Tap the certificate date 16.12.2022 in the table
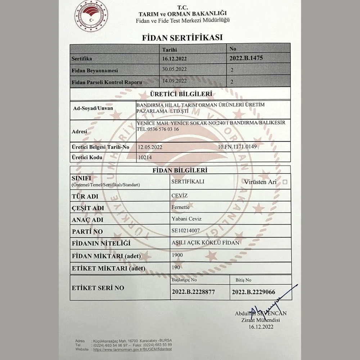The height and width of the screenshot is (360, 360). point(175,58)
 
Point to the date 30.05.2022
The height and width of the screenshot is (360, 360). point(175,69)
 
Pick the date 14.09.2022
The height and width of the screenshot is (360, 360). point(175,81)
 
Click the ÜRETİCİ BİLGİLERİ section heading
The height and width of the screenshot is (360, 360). point(180,94)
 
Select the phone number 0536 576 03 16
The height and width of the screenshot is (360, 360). point(163,129)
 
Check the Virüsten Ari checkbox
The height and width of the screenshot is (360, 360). point(285,182)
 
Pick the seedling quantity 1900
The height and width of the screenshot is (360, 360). point(177,255)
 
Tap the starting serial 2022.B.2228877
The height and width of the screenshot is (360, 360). point(193,292)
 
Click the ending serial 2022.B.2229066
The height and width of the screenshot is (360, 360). point(253,292)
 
